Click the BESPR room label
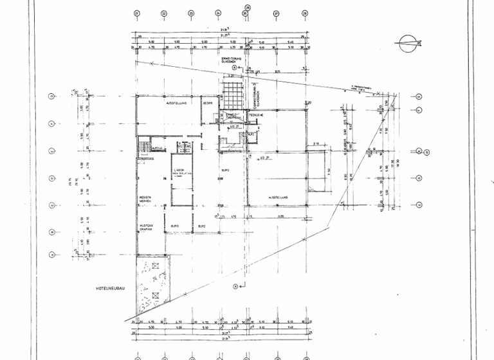click(208, 103)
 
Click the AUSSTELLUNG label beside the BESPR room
click(176, 103)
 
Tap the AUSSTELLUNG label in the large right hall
click(278, 197)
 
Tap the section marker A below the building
click(235, 286)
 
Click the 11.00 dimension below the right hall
click(280, 217)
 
